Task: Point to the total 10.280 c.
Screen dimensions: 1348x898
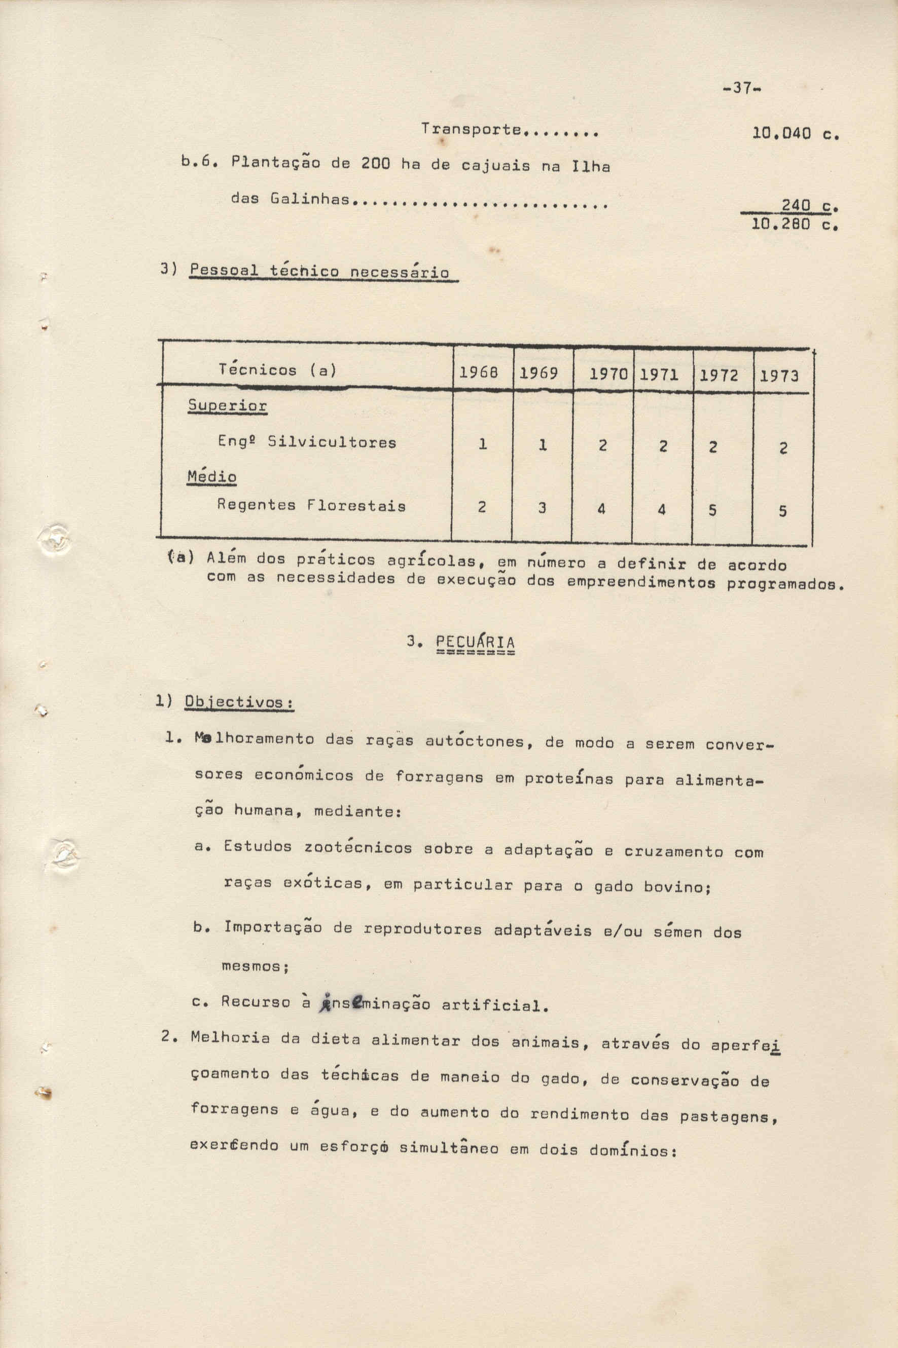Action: point(795,224)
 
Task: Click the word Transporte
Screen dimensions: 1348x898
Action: point(471,129)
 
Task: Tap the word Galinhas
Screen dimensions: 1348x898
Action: point(309,199)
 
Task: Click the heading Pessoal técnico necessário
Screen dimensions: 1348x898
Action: point(319,271)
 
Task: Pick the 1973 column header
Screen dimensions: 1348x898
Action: point(779,376)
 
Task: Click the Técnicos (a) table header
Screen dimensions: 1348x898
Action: point(277,370)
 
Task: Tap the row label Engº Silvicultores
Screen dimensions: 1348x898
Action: point(306,442)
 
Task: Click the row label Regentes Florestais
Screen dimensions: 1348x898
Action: point(311,505)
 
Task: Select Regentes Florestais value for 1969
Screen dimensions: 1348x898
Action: point(542,507)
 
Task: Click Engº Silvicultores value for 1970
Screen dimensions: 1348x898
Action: point(602,445)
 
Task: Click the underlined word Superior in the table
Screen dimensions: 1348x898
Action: point(227,406)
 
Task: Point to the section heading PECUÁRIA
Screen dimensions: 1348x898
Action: point(474,642)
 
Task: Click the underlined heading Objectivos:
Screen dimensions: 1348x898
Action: point(239,702)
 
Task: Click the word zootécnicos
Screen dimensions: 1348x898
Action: point(358,848)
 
